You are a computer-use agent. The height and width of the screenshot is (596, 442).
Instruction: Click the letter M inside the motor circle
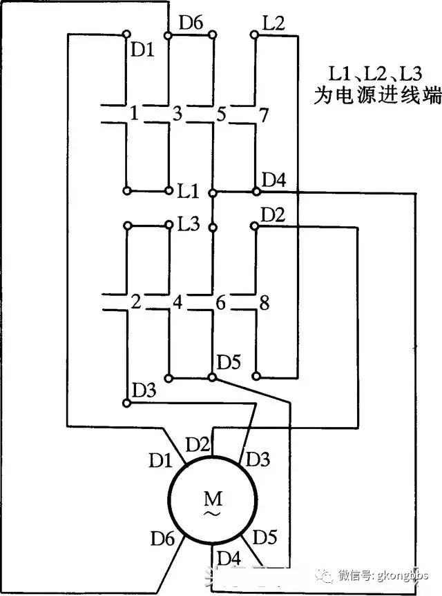(213, 498)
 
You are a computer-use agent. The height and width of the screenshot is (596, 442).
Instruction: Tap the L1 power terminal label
(189, 191)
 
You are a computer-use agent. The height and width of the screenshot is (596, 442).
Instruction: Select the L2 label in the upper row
(273, 23)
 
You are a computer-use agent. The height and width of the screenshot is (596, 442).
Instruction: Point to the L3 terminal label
(189, 224)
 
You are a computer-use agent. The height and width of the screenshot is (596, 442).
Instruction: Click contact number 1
(134, 113)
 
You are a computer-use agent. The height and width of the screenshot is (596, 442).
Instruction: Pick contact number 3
(177, 114)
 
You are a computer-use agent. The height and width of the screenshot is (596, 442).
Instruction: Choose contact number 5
(221, 114)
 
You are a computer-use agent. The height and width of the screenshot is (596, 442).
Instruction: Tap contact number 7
(264, 115)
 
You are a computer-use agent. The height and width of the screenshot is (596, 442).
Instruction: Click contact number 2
(136, 302)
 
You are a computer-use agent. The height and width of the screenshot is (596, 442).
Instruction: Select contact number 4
(177, 303)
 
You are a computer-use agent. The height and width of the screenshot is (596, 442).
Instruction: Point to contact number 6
(221, 303)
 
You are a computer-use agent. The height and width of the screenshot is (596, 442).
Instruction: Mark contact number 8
(265, 304)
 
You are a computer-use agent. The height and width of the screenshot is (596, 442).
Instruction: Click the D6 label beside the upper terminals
(191, 23)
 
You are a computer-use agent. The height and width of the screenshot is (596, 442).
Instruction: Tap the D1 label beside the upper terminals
(143, 50)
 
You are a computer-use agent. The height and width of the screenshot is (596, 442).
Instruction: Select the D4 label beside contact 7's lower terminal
(274, 180)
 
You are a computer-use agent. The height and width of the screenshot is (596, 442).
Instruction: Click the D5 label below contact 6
(229, 362)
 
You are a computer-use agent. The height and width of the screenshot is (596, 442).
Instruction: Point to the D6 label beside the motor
(162, 538)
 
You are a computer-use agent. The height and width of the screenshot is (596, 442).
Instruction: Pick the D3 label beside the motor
(258, 459)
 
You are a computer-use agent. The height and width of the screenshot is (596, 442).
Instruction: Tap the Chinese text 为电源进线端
(378, 95)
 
